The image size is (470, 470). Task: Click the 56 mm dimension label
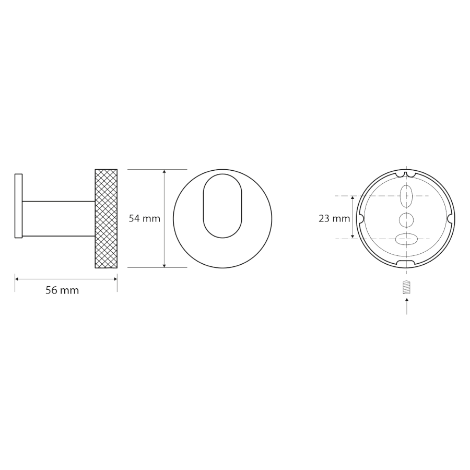coord(62,290)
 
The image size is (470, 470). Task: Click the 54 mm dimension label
coord(145,218)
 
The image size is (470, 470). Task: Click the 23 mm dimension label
coord(334,218)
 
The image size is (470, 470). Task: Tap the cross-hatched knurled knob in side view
coord(106,218)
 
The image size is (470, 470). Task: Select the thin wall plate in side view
coord(19,206)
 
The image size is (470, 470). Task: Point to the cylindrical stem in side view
coord(58,218)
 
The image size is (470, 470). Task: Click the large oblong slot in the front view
coord(222,206)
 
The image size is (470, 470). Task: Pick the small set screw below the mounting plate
coord(406,287)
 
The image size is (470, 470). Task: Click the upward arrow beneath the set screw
coord(406,306)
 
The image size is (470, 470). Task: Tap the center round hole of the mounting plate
coord(406,220)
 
